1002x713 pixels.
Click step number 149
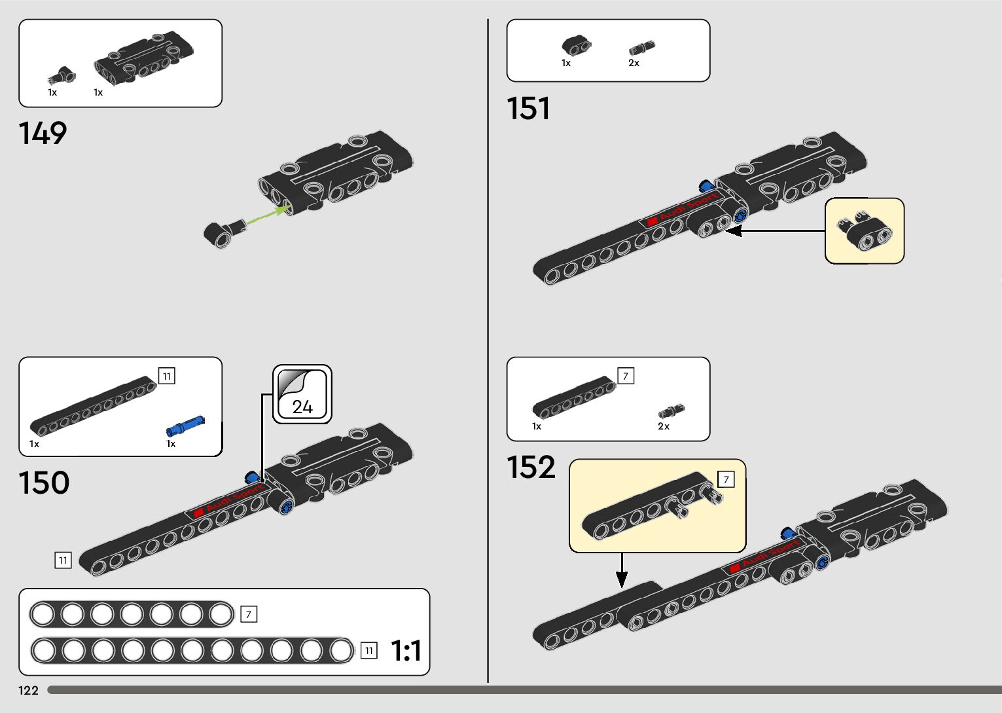(43, 133)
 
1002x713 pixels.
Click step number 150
(44, 483)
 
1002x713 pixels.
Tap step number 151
(528, 109)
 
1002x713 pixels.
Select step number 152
(531, 467)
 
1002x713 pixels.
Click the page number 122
(29, 691)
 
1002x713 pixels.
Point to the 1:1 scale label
(406, 651)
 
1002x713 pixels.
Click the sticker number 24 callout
(302, 395)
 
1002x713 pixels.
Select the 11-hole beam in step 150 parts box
(94, 406)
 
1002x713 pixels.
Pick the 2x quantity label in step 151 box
(634, 64)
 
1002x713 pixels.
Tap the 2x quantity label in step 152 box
(664, 426)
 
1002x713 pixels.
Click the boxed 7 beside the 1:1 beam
(248, 615)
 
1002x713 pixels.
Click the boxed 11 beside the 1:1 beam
(369, 650)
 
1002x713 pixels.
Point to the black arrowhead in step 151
(734, 230)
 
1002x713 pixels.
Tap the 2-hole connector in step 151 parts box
(576, 45)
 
